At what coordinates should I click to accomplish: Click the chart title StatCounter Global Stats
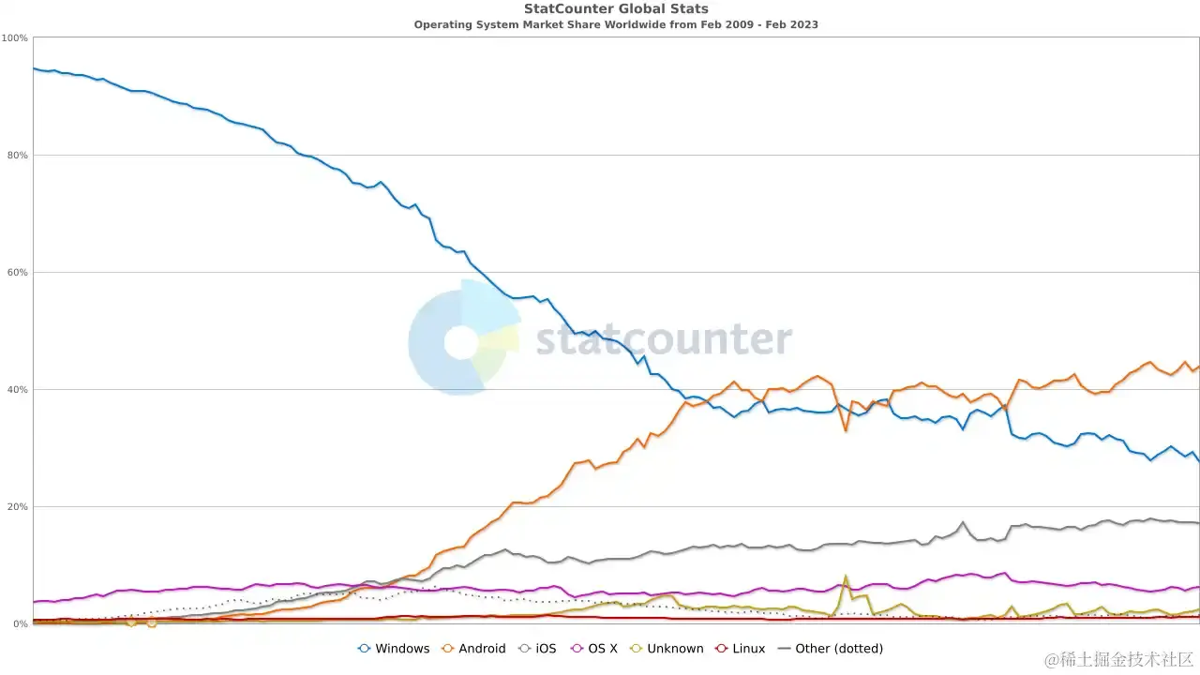click(616, 9)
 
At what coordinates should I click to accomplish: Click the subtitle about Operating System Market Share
click(616, 24)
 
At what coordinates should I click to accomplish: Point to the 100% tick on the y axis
click(15, 38)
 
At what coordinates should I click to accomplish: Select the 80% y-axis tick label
click(17, 156)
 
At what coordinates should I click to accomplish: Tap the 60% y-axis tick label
click(17, 273)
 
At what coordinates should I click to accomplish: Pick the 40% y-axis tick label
click(17, 390)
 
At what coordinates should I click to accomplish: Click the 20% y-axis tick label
click(17, 507)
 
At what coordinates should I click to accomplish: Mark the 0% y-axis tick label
click(20, 624)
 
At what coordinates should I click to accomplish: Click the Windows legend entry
click(394, 649)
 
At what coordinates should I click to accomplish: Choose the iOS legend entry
click(538, 649)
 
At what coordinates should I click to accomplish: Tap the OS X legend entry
click(592, 649)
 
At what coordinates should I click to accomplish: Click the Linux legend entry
click(740, 649)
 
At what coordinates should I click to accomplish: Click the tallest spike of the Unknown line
click(846, 577)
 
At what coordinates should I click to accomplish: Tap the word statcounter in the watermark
click(664, 339)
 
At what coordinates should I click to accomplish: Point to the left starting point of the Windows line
click(34, 68)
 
